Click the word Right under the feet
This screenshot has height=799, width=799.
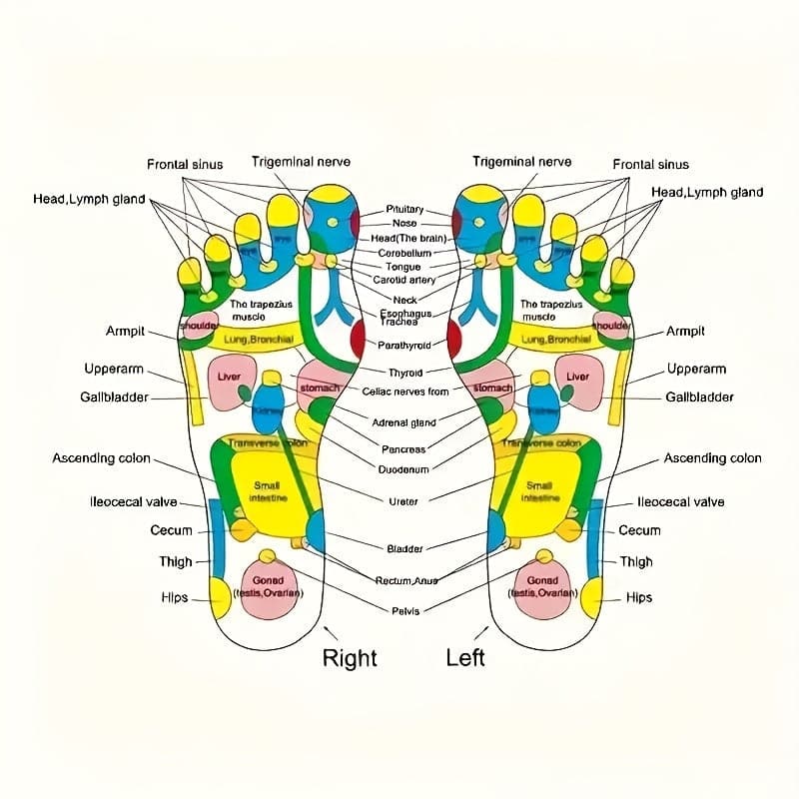coord(350,657)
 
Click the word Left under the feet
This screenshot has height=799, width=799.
coord(465,657)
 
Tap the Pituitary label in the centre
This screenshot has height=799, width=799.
coord(404,210)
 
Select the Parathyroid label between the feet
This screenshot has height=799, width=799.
coord(404,345)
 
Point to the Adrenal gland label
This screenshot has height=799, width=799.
coord(404,422)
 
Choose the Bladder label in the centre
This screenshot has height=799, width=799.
coord(404,548)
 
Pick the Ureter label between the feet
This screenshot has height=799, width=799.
coord(404,501)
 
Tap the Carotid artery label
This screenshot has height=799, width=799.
coord(404,281)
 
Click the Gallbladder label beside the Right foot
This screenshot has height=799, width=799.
coord(114,398)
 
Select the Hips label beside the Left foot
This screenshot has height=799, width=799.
coord(639,597)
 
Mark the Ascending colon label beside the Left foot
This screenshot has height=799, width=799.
coord(712,458)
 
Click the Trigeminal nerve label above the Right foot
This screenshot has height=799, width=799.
coord(301,162)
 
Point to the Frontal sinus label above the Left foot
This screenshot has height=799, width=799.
coord(650,164)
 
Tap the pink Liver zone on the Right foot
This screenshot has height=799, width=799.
coord(231,383)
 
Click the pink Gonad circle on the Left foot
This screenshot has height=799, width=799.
coord(543,587)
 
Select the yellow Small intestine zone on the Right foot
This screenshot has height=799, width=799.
coord(268,489)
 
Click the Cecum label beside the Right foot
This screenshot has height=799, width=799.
coord(171,530)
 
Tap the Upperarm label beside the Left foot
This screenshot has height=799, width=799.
coord(696,369)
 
